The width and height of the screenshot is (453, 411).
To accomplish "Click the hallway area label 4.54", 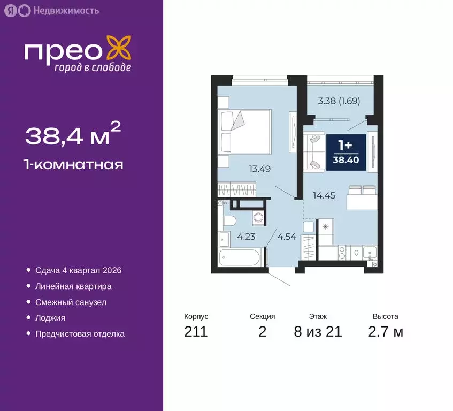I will [286, 235].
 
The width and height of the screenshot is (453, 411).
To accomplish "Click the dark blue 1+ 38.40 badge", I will [346, 153].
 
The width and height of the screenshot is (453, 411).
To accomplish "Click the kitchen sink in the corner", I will [369, 253].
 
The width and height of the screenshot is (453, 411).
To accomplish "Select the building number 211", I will [196, 332].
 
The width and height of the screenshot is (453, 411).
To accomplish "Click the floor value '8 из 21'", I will [318, 332].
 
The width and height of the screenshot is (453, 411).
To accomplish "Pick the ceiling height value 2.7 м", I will [385, 332].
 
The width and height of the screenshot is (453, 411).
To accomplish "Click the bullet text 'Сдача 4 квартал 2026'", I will [78, 270].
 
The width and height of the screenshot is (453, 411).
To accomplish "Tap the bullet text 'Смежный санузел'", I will [71, 302].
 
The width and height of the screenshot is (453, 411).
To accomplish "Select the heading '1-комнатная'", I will [74, 164].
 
